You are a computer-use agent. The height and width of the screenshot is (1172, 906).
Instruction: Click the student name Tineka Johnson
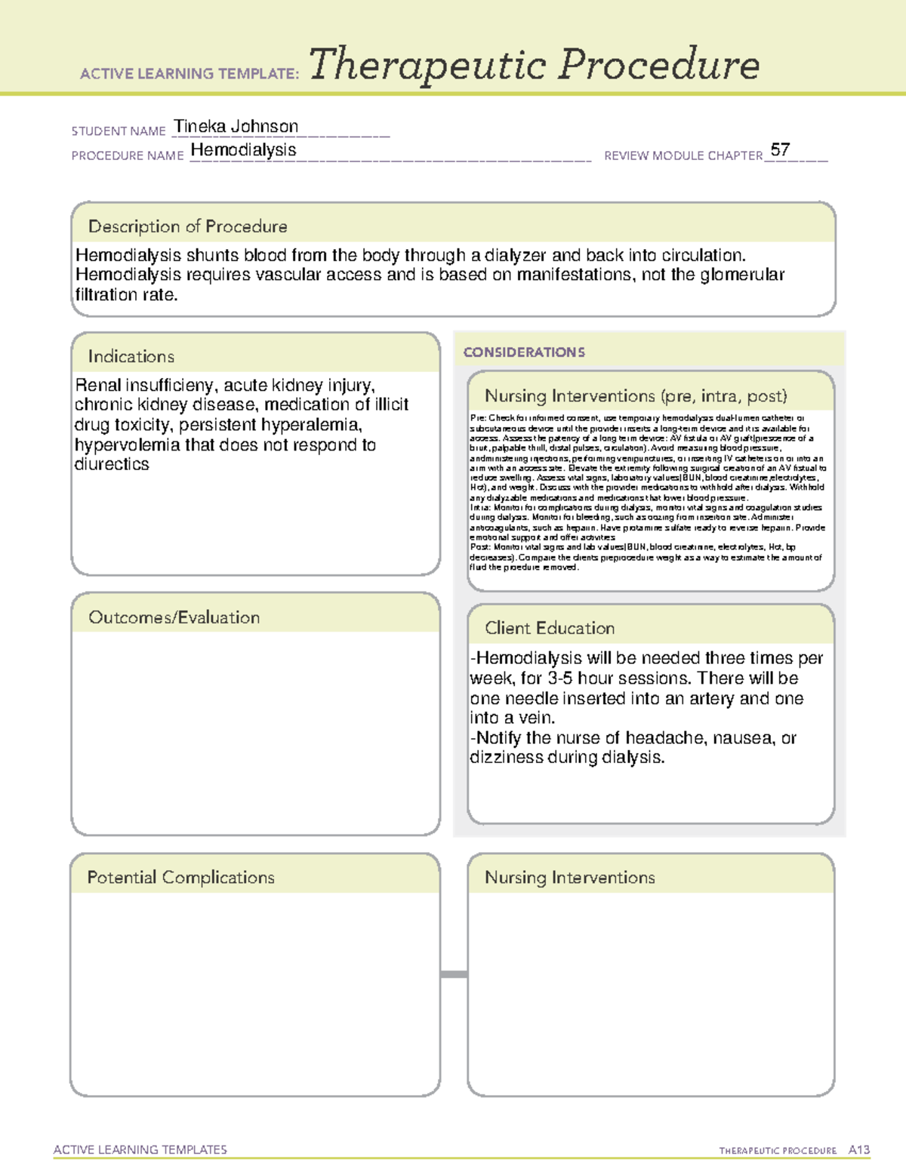(236, 126)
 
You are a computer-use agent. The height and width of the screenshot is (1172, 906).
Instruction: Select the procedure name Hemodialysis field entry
(243, 150)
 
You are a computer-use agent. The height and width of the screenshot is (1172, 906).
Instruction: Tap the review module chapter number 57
(780, 149)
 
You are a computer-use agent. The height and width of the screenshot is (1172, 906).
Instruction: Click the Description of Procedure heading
(187, 226)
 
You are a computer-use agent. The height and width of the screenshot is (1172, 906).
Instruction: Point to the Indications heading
(131, 356)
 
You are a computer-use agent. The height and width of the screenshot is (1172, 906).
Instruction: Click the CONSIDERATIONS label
(524, 352)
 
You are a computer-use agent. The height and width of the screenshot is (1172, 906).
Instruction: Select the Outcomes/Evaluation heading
(174, 617)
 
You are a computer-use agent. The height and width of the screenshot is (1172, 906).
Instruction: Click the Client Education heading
(550, 628)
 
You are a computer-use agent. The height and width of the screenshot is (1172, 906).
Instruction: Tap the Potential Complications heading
(180, 877)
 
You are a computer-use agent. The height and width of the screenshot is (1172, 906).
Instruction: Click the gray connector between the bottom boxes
(454, 974)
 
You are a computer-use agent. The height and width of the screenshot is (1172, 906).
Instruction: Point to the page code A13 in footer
(858, 1150)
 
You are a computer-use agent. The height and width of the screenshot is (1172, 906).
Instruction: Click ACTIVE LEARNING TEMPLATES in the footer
(140, 1149)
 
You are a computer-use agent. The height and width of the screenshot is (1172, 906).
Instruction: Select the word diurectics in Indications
(112, 465)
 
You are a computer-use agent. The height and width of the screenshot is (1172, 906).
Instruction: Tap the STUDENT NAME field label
(119, 131)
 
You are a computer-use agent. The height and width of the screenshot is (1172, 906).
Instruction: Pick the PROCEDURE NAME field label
(128, 155)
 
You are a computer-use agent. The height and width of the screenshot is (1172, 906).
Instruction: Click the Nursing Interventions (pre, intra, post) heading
(636, 396)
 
